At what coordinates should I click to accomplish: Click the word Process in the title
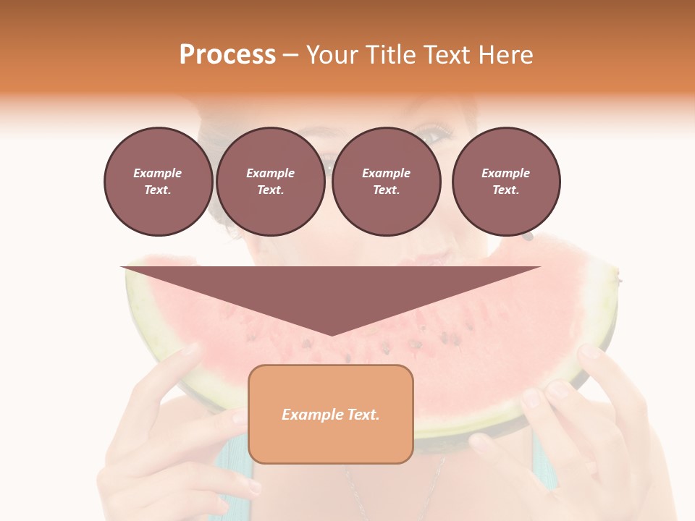pos(227,55)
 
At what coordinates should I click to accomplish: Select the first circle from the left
pos(159,182)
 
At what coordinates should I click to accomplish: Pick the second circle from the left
pos(271,182)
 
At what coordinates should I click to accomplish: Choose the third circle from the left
pos(387,182)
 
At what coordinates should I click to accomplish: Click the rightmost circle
pos(506,182)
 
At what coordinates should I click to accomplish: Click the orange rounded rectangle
pos(331,414)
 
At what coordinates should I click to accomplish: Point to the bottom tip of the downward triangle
pos(331,334)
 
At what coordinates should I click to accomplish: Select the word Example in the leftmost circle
pos(158,173)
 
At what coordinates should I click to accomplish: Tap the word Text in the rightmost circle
pos(506,190)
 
